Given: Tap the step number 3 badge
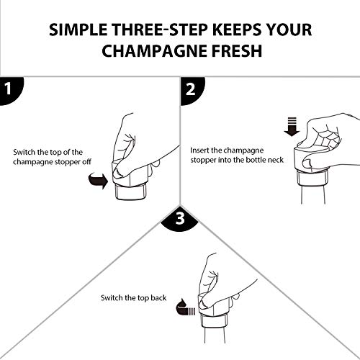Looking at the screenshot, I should pos(180,217).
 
